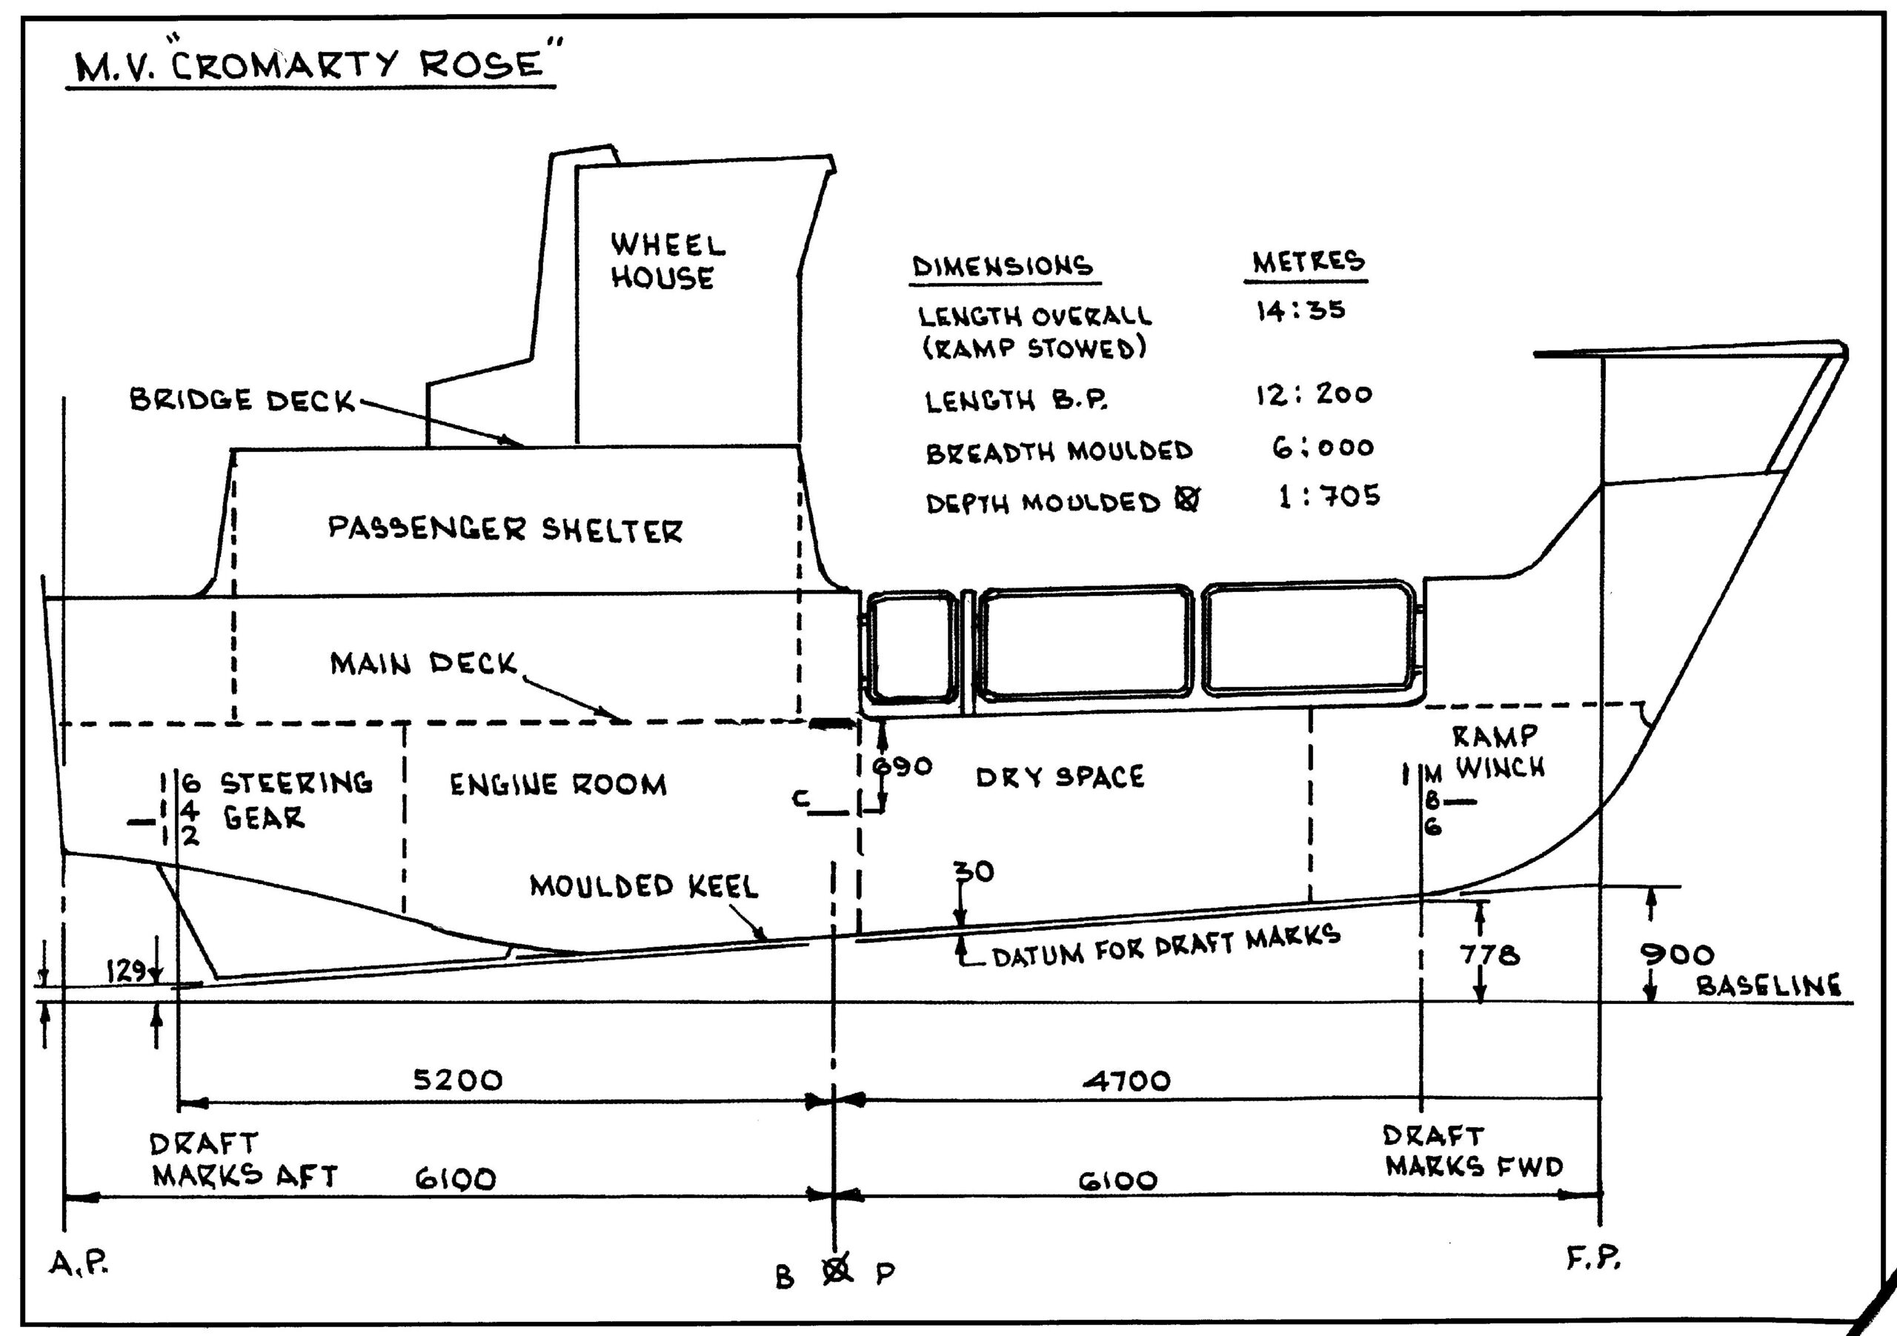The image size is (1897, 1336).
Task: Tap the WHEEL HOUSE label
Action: pyautogui.click(x=666, y=261)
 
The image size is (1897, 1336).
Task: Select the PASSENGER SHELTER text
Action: pyautogui.click(x=505, y=529)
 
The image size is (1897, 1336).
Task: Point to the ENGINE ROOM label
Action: pyautogui.click(x=558, y=784)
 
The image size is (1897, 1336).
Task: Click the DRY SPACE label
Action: pyautogui.click(x=1060, y=777)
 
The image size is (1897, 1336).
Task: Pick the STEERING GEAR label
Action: pyautogui.click(x=294, y=800)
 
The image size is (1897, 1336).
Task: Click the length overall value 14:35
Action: pyautogui.click(x=1300, y=310)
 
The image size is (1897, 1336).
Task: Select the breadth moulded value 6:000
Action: pyautogui.click(x=1322, y=448)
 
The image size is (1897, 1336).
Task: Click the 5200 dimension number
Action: pyautogui.click(x=457, y=1080)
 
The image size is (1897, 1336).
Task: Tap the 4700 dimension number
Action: pyautogui.click(x=1127, y=1080)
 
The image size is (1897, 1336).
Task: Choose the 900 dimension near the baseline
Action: pyautogui.click(x=1676, y=955)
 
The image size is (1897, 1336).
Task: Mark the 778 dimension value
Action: pyautogui.click(x=1489, y=955)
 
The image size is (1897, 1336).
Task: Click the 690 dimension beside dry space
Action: pyautogui.click(x=903, y=766)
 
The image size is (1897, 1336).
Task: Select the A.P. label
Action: pyautogui.click(x=79, y=1263)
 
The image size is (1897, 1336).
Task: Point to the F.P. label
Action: pyautogui.click(x=1594, y=1258)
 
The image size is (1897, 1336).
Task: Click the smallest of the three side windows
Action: pyautogui.click(x=911, y=646)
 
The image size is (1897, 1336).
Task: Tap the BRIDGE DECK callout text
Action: pyautogui.click(x=242, y=400)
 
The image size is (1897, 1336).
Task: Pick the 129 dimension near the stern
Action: pyautogui.click(x=127, y=971)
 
